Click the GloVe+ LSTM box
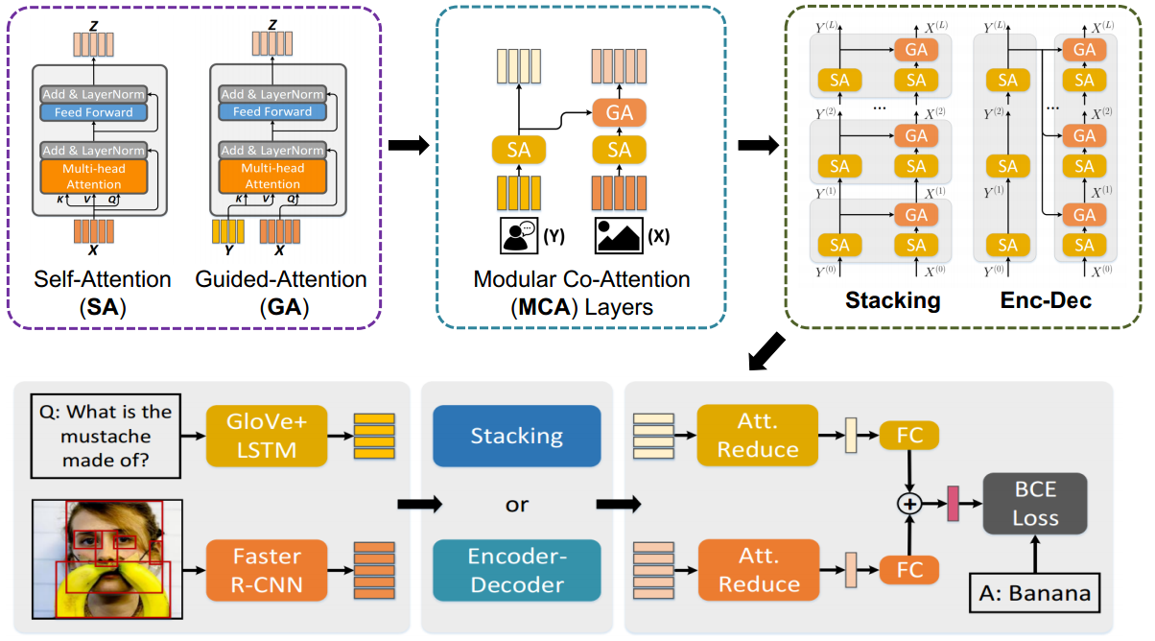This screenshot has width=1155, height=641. coord(266,435)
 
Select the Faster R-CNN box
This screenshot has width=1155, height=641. coord(266,570)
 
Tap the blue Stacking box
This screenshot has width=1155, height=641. coord(516,436)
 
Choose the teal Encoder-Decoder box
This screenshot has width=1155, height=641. coord(516,570)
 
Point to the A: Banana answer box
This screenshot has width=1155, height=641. coord(1034,592)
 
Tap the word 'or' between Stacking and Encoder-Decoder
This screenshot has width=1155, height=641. coord(516,504)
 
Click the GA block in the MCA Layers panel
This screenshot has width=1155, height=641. coord(620,111)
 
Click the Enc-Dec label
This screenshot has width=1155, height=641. coord(1045,300)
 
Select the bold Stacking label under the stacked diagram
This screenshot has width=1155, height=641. coord(892,300)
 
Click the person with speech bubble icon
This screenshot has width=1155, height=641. coord(519,236)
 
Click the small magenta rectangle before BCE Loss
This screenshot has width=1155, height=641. coord(954,502)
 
